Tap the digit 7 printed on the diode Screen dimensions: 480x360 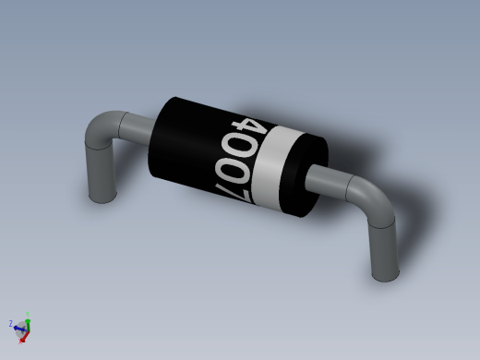(234, 193)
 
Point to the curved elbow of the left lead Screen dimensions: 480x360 (100, 126)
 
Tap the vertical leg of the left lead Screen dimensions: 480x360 (101, 173)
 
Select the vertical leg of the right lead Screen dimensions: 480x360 (384, 251)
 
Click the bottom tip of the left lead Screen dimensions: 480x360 (102, 200)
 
